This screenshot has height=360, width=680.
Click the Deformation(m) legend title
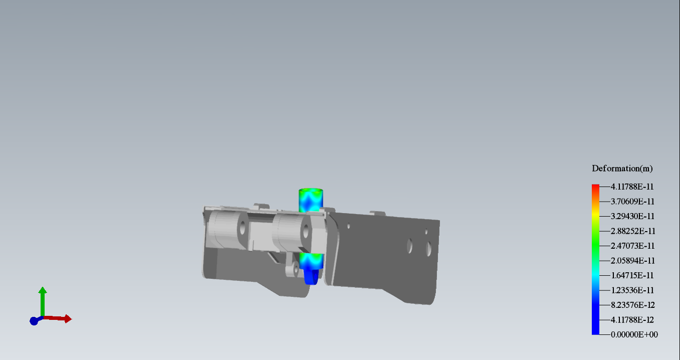pyautogui.click(x=622, y=168)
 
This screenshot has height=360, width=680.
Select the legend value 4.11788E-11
pyautogui.click(x=632, y=187)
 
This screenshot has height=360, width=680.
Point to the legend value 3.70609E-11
pyautogui.click(x=632, y=202)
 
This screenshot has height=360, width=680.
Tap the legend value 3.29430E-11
pyautogui.click(x=632, y=216)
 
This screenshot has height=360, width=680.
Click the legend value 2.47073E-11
pyautogui.click(x=632, y=246)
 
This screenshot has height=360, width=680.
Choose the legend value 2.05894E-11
pyautogui.click(x=632, y=261)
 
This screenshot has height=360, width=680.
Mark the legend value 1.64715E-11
pyautogui.click(x=632, y=275)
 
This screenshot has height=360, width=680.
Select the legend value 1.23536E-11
pyautogui.click(x=632, y=290)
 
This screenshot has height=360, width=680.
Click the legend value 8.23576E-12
pyautogui.click(x=632, y=305)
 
